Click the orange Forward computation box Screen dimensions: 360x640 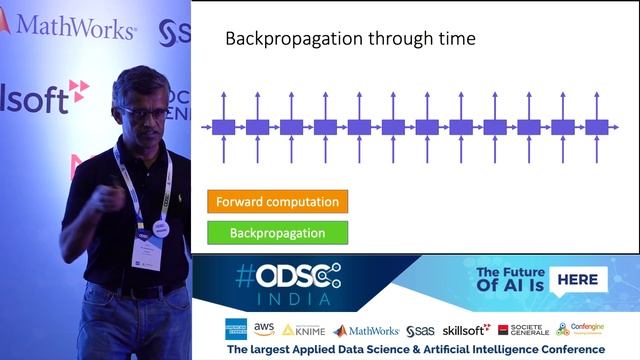click(278, 201)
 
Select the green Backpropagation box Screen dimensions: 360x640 click(278, 233)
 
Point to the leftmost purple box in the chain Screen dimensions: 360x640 click(223, 127)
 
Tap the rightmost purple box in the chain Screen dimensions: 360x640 click(596, 127)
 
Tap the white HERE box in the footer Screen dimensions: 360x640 click(578, 280)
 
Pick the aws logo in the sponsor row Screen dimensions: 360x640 click(264, 329)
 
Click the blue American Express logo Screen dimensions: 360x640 click(236, 329)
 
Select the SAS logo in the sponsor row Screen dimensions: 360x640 click(420, 329)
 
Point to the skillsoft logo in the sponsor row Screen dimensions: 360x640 click(466, 329)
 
